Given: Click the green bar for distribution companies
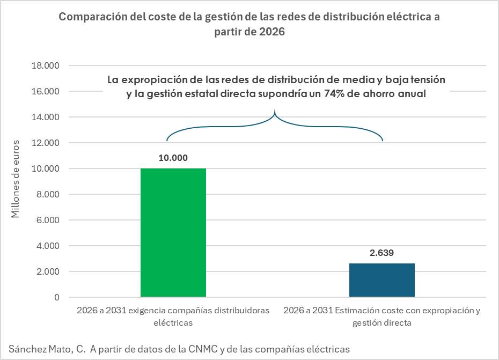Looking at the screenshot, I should [x=173, y=232].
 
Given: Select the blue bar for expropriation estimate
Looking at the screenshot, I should [x=381, y=280].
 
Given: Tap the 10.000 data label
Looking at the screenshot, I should [x=173, y=158].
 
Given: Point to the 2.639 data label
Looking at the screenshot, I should [x=381, y=253].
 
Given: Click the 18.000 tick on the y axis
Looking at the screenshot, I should [x=46, y=66].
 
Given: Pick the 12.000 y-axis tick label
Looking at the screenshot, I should [x=46, y=143].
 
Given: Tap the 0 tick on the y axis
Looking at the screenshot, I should [x=56, y=297].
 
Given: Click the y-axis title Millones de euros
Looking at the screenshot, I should [x=16, y=179].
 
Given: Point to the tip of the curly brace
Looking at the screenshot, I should [x=275, y=112].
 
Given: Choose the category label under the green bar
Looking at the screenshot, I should [x=173, y=317].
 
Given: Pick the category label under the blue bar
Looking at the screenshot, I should [x=381, y=317].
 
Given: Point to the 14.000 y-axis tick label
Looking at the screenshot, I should [x=46, y=117].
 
